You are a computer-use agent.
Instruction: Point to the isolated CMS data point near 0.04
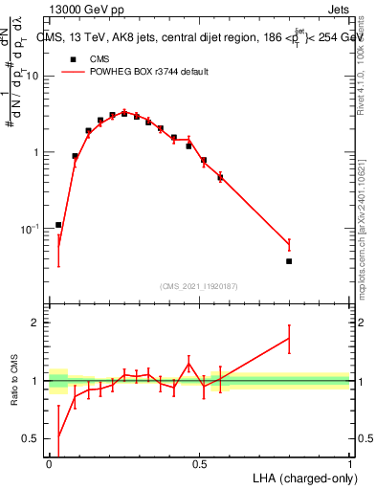58,225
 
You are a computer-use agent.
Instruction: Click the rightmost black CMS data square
289,261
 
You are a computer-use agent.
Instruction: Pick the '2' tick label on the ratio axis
37,323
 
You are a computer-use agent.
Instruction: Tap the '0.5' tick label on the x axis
199,463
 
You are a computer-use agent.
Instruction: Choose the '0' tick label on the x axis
49,463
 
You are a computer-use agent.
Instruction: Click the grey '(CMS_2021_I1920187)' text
199,285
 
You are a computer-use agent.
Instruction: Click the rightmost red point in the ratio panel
289,338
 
